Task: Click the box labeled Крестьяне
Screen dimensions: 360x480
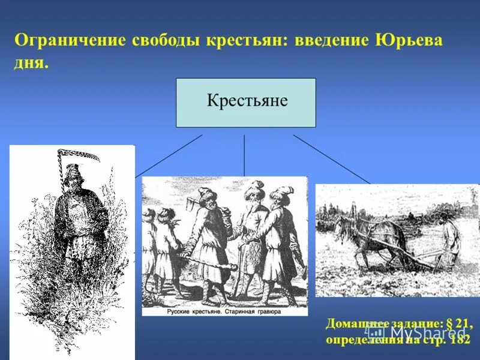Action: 246,103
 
